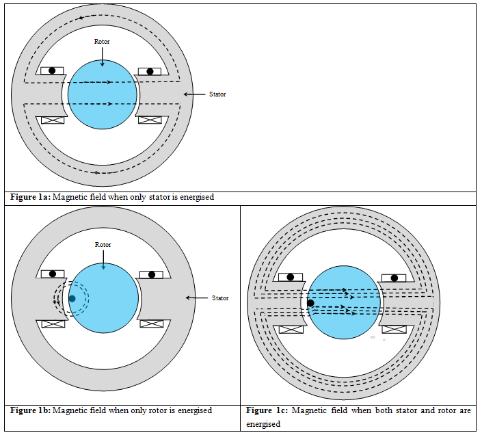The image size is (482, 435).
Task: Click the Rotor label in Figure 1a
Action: (102, 42)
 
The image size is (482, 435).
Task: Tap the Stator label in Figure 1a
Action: (217, 94)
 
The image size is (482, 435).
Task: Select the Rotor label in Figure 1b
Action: (102, 245)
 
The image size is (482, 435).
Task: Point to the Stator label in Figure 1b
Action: (219, 298)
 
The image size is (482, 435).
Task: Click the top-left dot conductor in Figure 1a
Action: (52, 70)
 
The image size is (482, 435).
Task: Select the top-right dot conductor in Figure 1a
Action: (150, 71)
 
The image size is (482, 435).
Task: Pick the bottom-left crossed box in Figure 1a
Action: (53, 120)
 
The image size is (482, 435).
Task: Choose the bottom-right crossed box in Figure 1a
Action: (149, 120)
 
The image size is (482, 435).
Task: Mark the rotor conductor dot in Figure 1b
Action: (72, 299)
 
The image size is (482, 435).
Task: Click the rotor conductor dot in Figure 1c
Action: (310, 303)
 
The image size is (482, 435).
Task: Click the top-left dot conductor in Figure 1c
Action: (291, 277)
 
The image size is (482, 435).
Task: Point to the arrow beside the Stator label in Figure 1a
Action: (194, 94)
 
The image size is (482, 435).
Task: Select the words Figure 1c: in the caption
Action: (265, 410)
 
